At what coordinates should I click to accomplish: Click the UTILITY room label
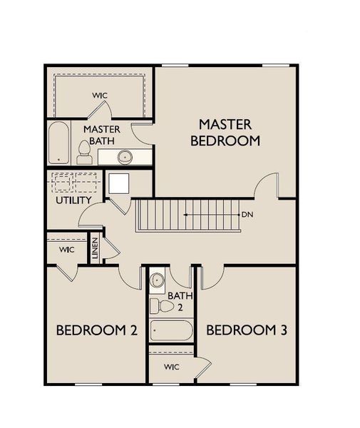click(73, 200)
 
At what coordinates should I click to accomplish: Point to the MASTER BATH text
click(101, 136)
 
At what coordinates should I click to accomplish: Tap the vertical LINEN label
click(94, 248)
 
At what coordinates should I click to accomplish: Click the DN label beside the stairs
click(247, 214)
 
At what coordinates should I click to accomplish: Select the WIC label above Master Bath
click(99, 96)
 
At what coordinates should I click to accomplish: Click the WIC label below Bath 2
click(171, 368)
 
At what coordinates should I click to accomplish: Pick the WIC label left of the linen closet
click(66, 250)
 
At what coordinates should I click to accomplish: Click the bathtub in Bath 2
click(171, 331)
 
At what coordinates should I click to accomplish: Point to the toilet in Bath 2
click(165, 306)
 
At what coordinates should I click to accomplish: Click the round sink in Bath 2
click(158, 280)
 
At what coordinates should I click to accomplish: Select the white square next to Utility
click(118, 184)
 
